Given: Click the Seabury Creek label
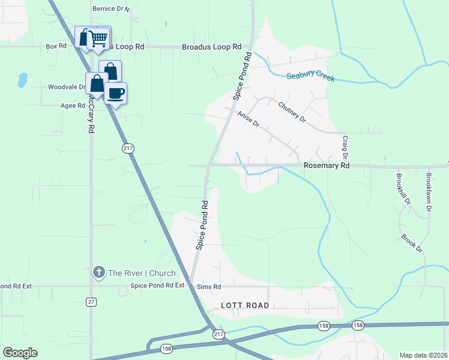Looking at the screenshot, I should (x=310, y=77).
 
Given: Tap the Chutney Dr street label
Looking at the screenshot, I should (x=292, y=112).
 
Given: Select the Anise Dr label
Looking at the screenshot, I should (x=248, y=119).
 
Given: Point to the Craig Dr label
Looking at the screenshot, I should (x=345, y=148).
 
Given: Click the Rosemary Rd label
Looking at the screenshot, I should (x=327, y=165).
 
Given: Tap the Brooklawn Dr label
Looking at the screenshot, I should (x=429, y=192).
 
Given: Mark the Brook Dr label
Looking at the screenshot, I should (x=412, y=243).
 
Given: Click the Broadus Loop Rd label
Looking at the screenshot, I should (x=211, y=46).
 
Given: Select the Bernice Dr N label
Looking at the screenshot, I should (x=111, y=9).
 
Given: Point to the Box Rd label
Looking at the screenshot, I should (x=56, y=46).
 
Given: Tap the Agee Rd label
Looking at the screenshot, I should (x=73, y=105).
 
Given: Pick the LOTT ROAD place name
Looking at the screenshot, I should (x=244, y=305).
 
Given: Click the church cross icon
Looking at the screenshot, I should (x=99, y=273).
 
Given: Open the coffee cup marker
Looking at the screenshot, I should (x=116, y=93).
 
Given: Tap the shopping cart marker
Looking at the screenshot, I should (x=99, y=38).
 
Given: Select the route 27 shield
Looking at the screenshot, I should (x=91, y=301).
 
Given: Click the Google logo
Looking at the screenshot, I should (x=20, y=353).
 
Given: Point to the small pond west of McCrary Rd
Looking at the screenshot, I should (x=23, y=79).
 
